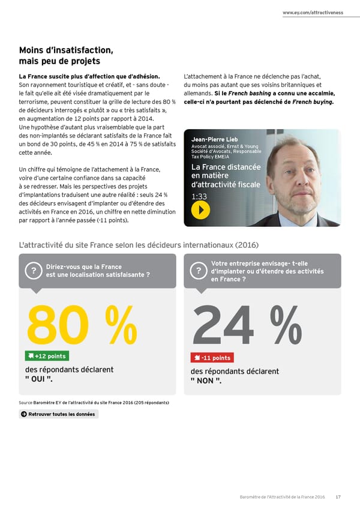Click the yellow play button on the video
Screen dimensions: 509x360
200,211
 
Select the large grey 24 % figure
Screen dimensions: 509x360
248,325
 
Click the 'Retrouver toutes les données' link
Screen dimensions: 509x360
58,414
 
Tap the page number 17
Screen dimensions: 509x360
338,496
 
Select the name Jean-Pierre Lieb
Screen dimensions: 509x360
214,139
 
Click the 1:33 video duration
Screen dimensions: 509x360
199,196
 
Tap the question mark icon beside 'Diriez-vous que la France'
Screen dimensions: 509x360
34,271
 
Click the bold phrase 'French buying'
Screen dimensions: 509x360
313,101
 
